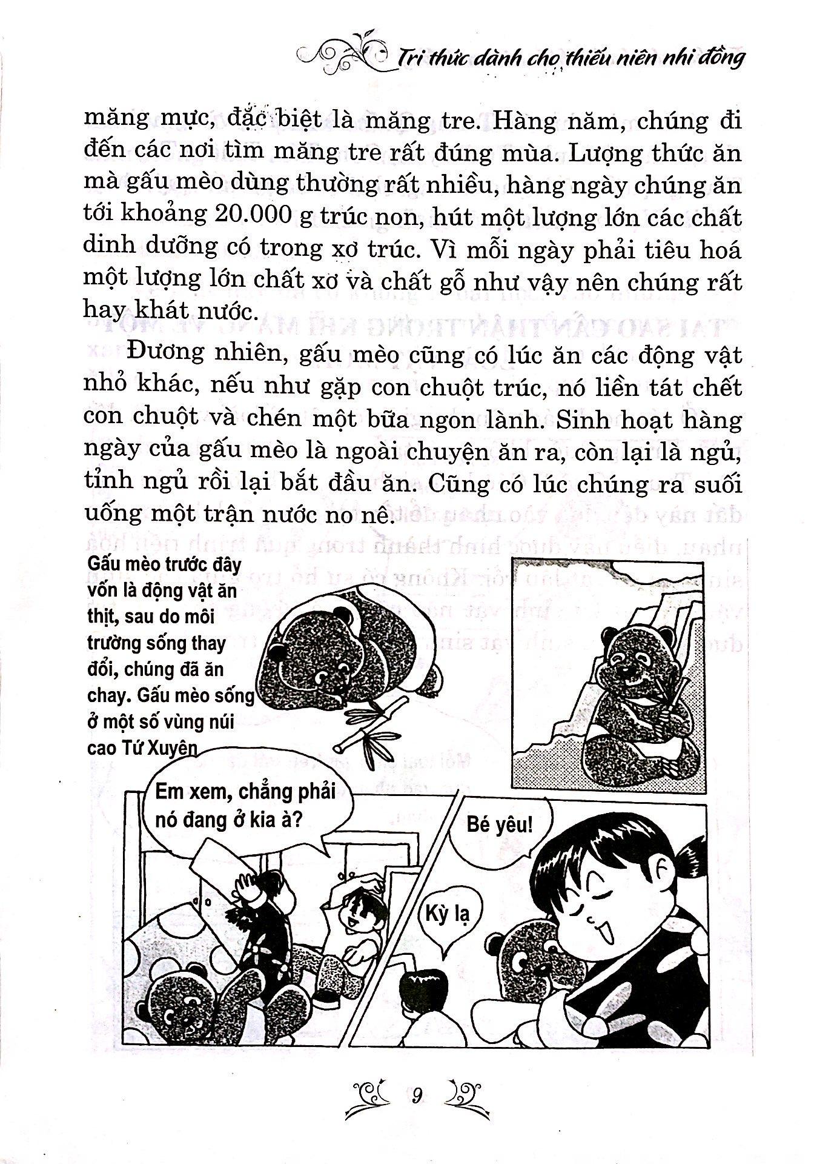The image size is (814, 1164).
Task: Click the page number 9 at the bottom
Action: click(415, 1095)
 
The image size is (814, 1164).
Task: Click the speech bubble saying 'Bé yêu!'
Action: click(499, 825)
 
